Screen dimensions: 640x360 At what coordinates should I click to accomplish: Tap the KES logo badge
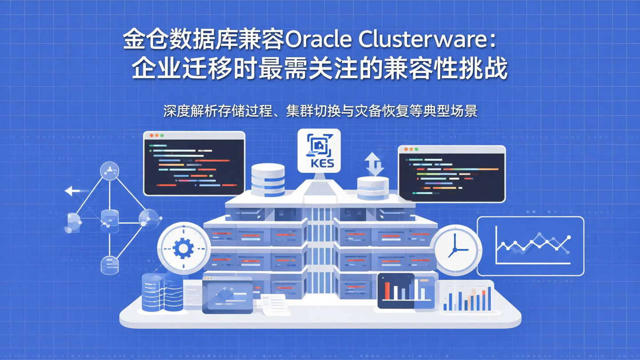[x=319, y=151]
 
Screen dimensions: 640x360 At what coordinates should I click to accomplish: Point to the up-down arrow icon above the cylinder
[x=374, y=164]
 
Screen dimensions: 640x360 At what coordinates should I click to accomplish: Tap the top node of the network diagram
[x=109, y=170]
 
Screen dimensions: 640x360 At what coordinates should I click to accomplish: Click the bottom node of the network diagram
[x=109, y=265]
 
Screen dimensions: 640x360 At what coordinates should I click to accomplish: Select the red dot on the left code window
[x=151, y=135]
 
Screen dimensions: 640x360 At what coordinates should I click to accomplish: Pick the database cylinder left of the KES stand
[x=268, y=180]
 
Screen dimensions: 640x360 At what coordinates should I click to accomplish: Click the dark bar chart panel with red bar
[x=401, y=291]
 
